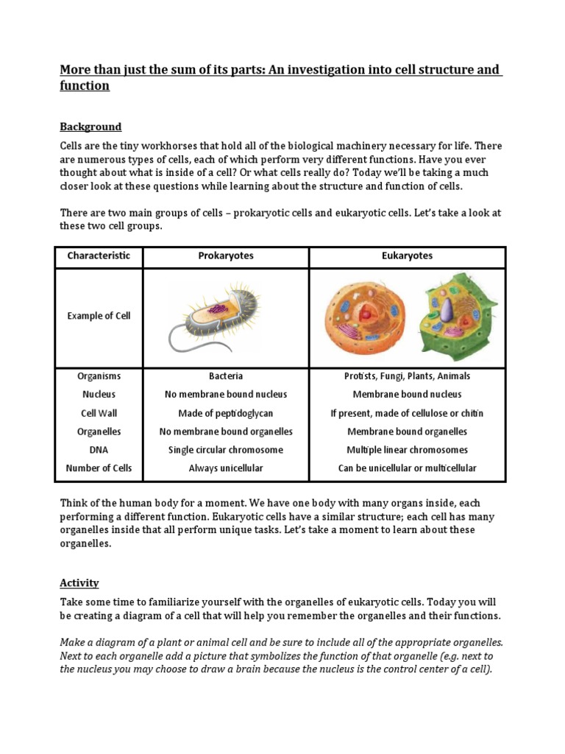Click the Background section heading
tap(90, 127)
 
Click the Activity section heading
tap(79, 582)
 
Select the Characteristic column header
tap(99, 256)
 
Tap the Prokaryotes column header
tap(226, 256)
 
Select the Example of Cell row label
tap(99, 316)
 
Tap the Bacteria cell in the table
tap(226, 376)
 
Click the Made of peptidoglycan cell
tap(226, 413)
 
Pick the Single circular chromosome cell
tap(226, 450)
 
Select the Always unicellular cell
tap(226, 468)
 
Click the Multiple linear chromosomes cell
tap(407, 450)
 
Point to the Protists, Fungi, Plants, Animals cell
tap(407, 376)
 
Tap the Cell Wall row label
tap(99, 413)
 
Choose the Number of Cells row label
tap(99, 468)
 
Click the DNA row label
tap(99, 450)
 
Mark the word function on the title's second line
tap(85, 86)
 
